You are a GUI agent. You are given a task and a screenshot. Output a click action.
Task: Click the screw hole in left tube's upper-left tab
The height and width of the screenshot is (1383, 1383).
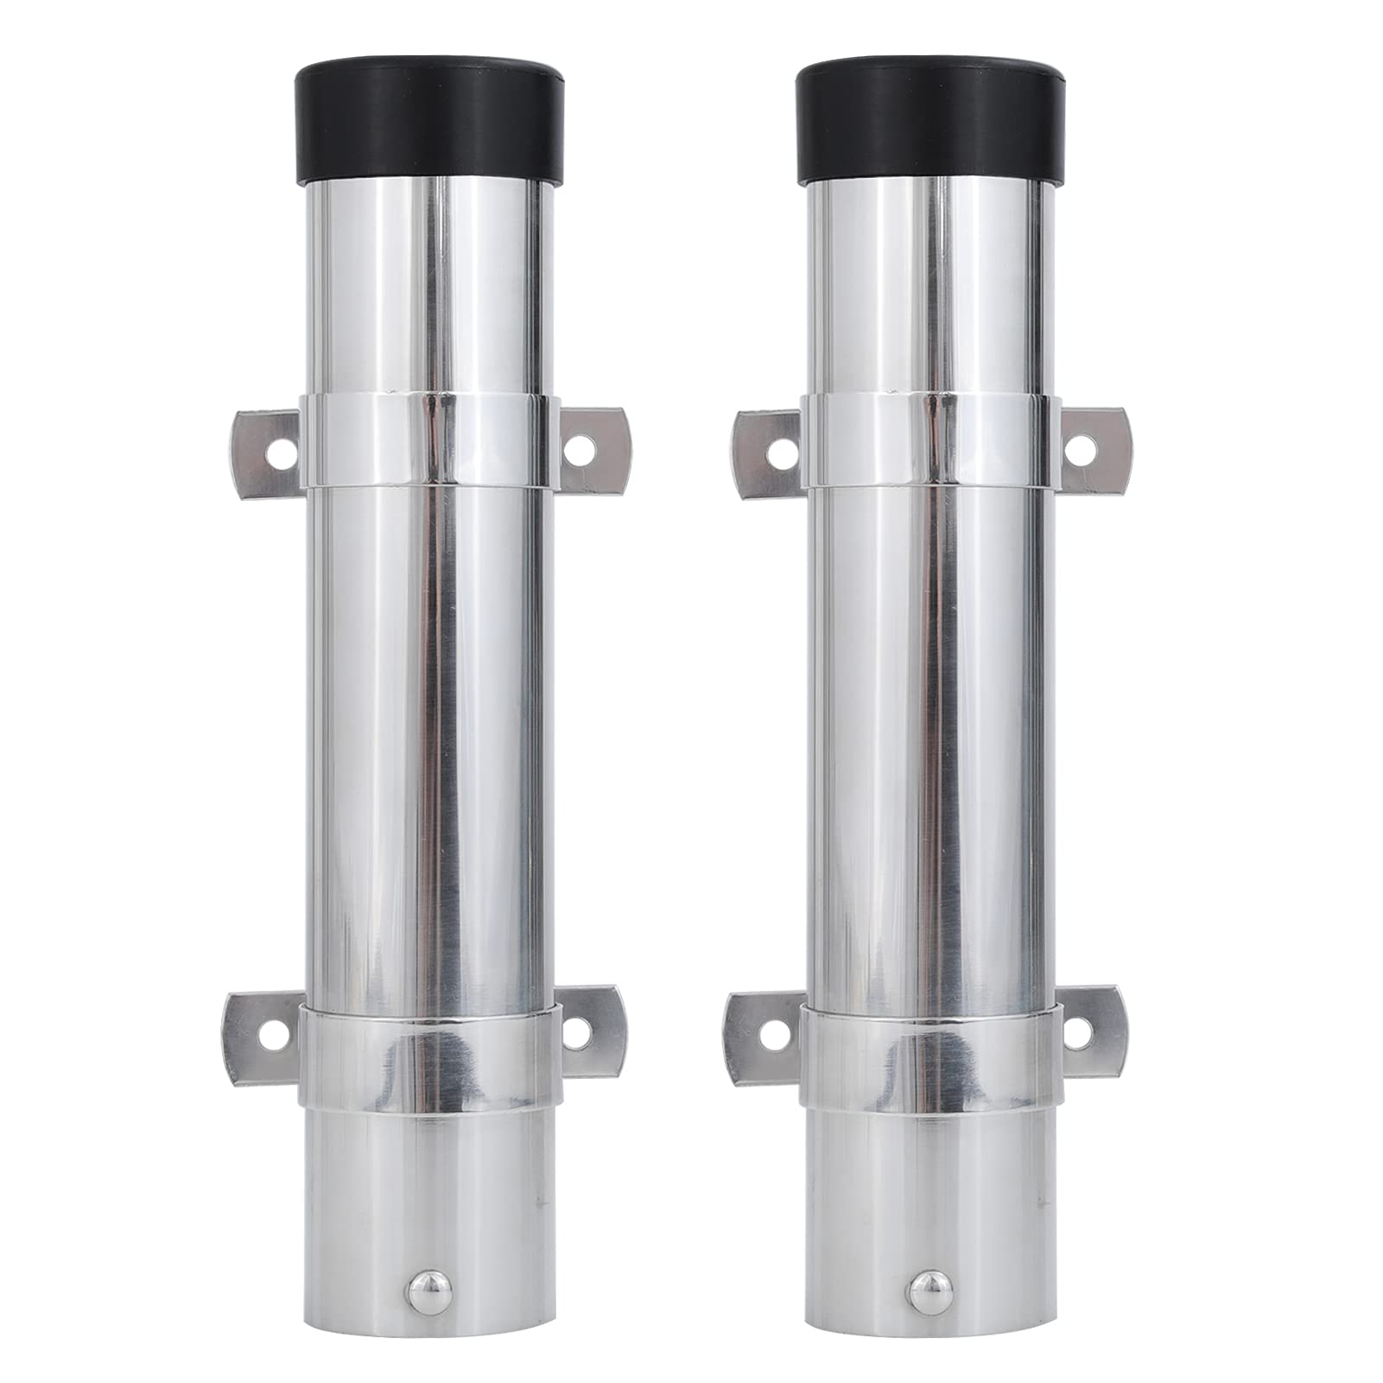(277, 451)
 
